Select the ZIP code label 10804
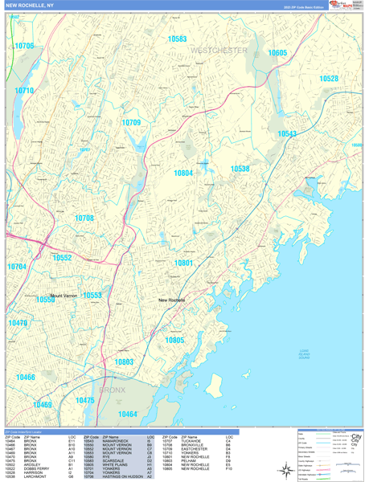(182, 173)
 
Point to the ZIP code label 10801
(184, 263)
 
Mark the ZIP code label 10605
(277, 52)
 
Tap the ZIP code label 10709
(131, 122)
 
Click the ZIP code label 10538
(240, 169)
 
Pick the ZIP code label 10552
(63, 258)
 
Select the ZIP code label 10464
(127, 414)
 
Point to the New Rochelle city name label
(171, 300)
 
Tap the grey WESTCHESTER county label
(219, 51)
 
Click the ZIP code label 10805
(174, 340)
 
